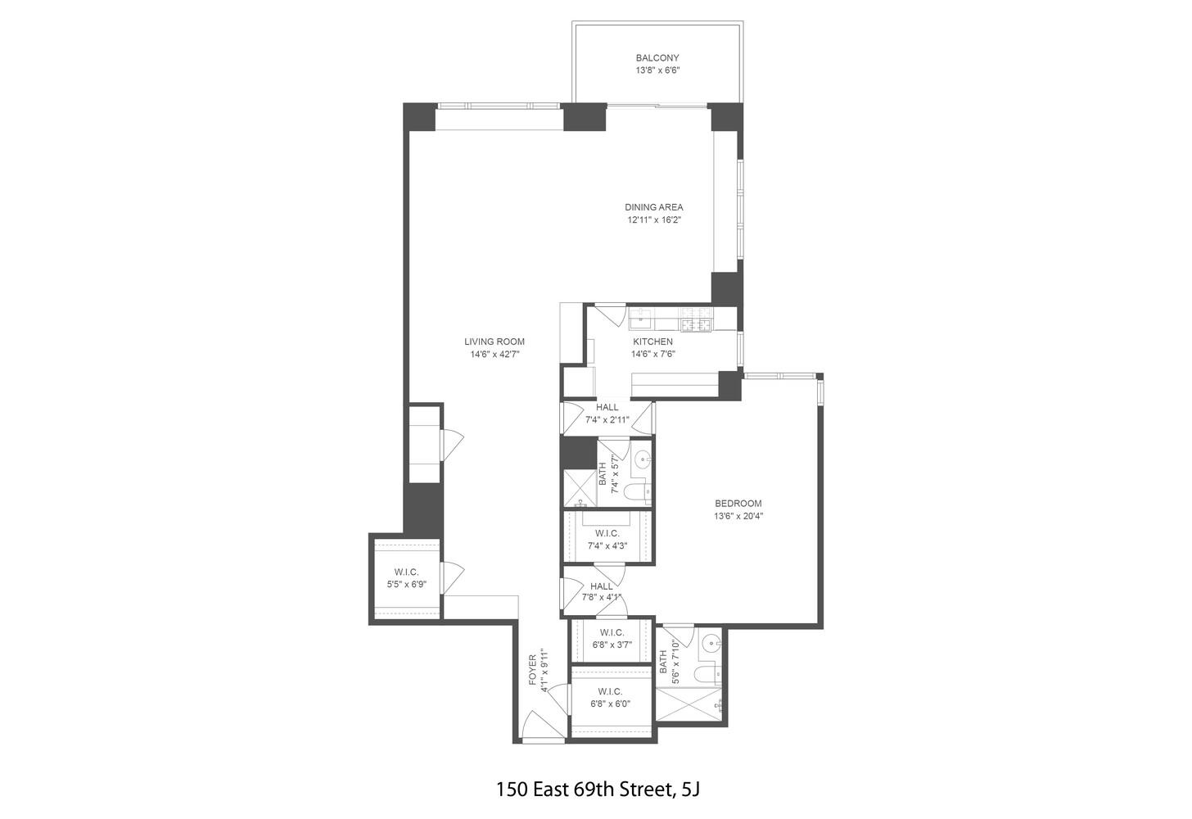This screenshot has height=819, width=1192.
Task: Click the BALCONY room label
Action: [657, 58]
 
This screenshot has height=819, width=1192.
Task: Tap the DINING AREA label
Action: [654, 207]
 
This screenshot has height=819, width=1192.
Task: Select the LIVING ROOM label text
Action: [494, 342]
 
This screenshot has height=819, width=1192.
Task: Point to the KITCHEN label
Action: [652, 342]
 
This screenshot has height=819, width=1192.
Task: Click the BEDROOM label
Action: [738, 504]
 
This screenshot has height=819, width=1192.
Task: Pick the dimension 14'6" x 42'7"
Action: [494, 355]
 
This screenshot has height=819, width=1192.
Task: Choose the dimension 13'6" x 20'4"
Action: [738, 516]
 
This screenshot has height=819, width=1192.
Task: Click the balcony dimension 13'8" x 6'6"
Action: [657, 70]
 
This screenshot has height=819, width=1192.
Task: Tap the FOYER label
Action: [532, 669]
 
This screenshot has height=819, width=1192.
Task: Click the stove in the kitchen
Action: [697, 319]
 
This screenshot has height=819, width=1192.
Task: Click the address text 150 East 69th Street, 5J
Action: [598, 790]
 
